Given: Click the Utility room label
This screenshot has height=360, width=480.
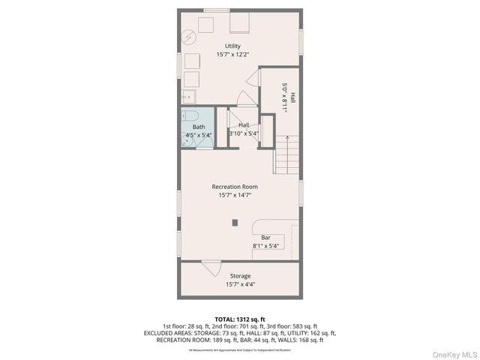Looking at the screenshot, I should [x=233, y=46].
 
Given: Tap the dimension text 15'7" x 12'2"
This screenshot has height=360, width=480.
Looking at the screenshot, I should [x=233, y=55].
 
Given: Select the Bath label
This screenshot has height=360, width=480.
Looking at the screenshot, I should [x=198, y=127].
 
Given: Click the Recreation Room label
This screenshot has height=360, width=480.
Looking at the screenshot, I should [x=235, y=186].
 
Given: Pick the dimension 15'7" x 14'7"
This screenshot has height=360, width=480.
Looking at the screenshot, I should [x=235, y=195].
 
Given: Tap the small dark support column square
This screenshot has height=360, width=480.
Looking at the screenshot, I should [x=235, y=222].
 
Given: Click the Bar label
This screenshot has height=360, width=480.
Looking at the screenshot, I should [x=265, y=237].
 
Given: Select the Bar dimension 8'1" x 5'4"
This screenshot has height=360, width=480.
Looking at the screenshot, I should [x=265, y=246].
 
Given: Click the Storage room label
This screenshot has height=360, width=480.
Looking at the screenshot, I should [x=240, y=276].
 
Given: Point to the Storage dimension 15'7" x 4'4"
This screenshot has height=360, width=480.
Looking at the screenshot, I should [x=240, y=285].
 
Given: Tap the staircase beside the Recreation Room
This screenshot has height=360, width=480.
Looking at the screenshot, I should [x=287, y=154].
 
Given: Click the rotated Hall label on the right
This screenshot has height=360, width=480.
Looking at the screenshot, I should [x=293, y=97].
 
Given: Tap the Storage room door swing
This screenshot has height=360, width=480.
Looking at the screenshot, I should [x=211, y=266].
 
